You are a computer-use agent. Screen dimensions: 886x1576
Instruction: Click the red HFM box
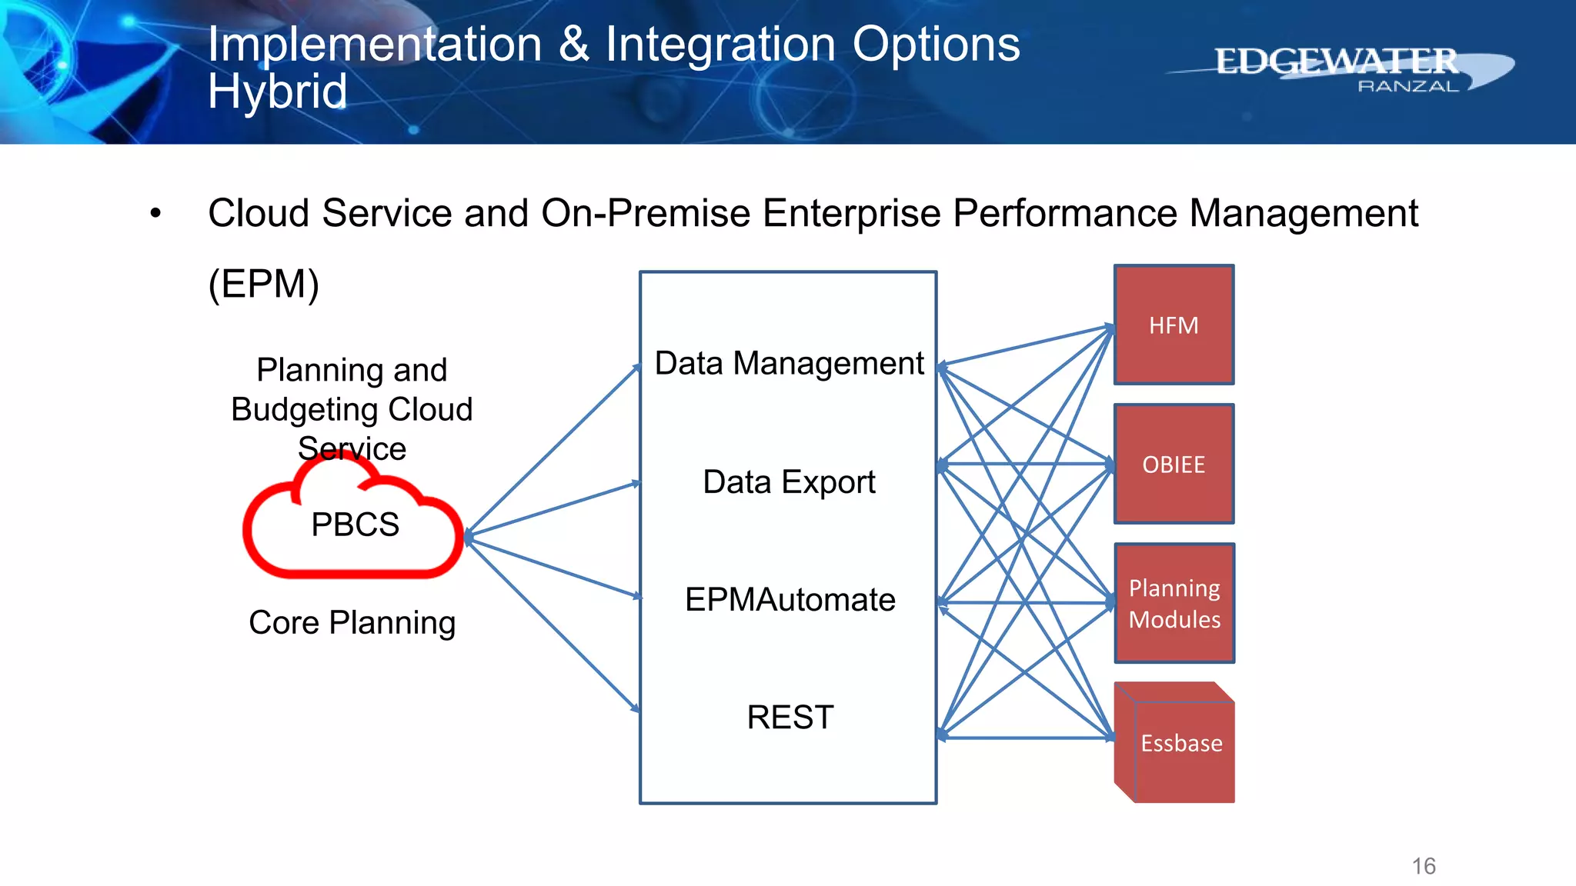pyautogui.click(x=1174, y=325)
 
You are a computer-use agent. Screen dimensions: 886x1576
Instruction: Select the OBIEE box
pyautogui.click(x=1174, y=464)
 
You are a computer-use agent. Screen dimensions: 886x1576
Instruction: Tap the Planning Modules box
pyautogui.click(x=1174, y=603)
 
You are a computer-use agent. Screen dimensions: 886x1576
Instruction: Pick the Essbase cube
pyautogui.click(x=1180, y=743)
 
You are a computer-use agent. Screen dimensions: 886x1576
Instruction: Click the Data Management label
pyautogui.click(x=789, y=363)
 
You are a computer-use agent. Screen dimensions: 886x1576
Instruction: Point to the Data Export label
pyautogui.click(x=789, y=482)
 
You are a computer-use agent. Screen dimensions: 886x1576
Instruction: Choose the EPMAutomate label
pyautogui.click(x=790, y=600)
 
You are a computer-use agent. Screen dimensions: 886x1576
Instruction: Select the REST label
pyautogui.click(x=790, y=718)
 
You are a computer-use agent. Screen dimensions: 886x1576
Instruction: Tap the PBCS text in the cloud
pyautogui.click(x=355, y=525)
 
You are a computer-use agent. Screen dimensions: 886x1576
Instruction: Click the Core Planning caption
pyautogui.click(x=352, y=622)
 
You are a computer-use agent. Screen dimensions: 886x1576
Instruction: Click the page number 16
pyautogui.click(x=1424, y=866)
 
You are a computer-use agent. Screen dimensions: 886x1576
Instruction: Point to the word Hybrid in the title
pyautogui.click(x=277, y=92)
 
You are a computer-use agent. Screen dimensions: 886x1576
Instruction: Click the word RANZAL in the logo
pyautogui.click(x=1407, y=87)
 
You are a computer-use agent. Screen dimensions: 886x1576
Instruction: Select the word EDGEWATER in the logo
pyautogui.click(x=1336, y=62)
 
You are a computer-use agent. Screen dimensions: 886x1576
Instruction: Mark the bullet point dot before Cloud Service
pyautogui.click(x=156, y=213)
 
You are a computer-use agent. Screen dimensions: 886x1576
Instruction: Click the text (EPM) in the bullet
pyautogui.click(x=263, y=284)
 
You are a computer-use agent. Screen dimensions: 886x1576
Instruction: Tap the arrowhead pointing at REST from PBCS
pyautogui.click(x=636, y=708)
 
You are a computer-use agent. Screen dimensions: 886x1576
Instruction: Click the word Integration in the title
pyautogui.click(x=720, y=44)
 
